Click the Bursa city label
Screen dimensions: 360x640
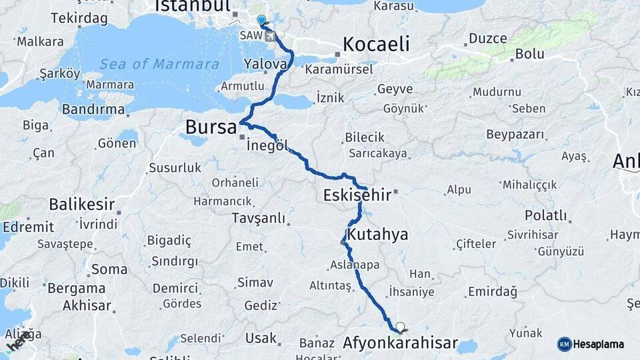[211, 127]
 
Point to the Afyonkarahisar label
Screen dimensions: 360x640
[400, 344]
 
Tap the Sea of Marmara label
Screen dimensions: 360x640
[159, 65]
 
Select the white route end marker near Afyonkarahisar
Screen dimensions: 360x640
[400, 327]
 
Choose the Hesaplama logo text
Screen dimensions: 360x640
[599, 344]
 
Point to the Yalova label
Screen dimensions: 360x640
[265, 64]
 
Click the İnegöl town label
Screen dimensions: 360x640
[267, 145]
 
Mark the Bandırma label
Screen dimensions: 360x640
[93, 109]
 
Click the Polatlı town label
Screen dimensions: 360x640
[545, 215]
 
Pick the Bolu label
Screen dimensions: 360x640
[530, 54]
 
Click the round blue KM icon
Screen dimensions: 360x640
[564, 344]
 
